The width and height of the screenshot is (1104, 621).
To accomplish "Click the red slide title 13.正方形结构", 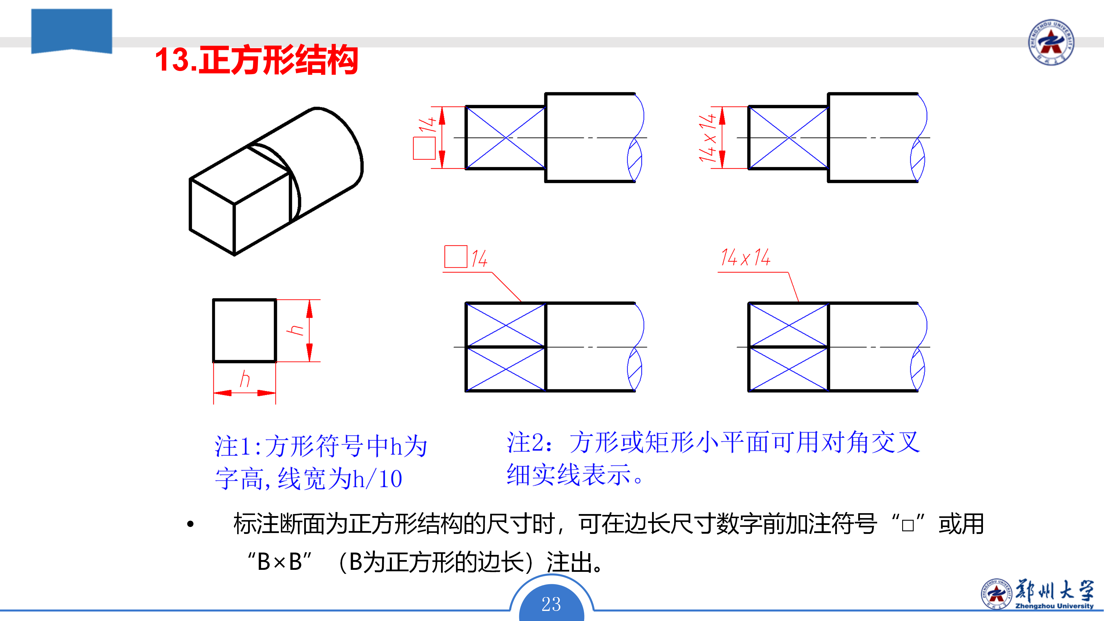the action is tap(256, 60).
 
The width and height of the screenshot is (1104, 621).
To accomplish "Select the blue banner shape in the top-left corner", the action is tap(72, 31).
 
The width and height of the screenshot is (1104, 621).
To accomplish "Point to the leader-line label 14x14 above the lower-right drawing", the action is tap(745, 258).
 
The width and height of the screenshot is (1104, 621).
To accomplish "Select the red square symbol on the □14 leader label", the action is tap(456, 257).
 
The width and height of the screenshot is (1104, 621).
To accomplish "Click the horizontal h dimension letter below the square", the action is tap(245, 379).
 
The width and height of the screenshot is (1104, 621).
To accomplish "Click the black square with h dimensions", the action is tap(244, 330).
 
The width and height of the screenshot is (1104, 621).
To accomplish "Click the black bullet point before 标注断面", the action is tap(191, 524).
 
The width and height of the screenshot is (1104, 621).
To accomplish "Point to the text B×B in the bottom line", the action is tap(279, 561).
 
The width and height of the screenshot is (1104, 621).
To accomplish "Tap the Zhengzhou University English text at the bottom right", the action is tap(1054, 606).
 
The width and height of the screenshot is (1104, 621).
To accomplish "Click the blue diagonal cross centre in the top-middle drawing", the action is tap(506, 138).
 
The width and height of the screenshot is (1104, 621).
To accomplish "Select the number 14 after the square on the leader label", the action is tap(479, 258).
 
